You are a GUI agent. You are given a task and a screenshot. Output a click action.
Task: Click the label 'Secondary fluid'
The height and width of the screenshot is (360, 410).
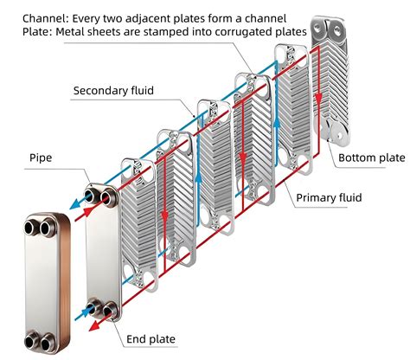coord(114,90)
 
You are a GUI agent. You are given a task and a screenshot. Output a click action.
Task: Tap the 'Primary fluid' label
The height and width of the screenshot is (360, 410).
coord(329,197)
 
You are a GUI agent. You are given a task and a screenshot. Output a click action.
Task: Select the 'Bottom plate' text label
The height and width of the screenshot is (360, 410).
coord(370,157)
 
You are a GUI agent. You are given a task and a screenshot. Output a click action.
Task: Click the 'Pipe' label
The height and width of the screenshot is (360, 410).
coord(42,158)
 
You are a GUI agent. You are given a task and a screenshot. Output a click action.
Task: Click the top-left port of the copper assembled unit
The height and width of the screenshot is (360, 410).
coord(35,228)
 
